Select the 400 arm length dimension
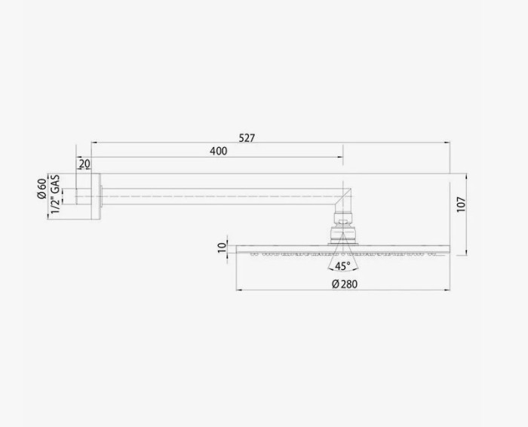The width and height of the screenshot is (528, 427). [x=218, y=151]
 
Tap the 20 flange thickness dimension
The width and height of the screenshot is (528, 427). [x=84, y=164]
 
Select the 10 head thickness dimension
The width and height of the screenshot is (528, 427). [x=222, y=247]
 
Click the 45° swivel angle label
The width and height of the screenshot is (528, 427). [x=342, y=266]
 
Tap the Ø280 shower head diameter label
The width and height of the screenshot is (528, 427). [x=344, y=284]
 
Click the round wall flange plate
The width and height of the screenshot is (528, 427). [x=96, y=197]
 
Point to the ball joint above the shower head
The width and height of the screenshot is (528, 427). [x=344, y=224]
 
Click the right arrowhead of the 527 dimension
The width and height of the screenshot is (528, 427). [x=448, y=143]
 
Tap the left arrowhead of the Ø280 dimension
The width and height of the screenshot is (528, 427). [x=239, y=290]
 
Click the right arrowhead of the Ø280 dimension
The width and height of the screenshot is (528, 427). [x=448, y=290]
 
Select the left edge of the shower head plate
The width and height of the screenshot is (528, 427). [x=237, y=248]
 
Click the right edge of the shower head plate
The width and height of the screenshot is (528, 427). [x=450, y=248]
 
